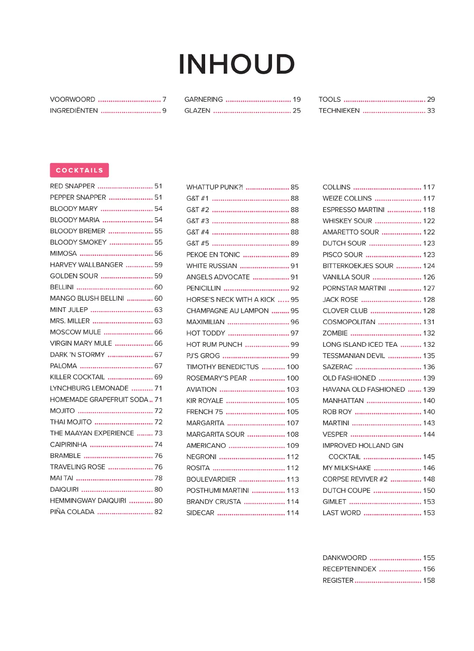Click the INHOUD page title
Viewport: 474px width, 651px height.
[x=236, y=64]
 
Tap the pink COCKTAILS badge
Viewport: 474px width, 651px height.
[x=79, y=170]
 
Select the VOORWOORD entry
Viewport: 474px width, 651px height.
[x=73, y=99]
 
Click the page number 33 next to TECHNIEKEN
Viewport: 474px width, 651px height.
[x=431, y=111]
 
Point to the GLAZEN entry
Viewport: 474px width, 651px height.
[x=197, y=111]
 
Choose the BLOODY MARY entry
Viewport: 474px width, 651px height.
[x=74, y=209]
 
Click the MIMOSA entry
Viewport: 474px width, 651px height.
[x=63, y=254]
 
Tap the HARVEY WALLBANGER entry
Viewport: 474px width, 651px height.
[x=86, y=265]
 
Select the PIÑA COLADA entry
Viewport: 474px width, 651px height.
[x=72, y=512]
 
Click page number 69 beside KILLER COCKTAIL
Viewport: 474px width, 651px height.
[x=158, y=377]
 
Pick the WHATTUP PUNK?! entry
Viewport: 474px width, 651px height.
[x=215, y=187]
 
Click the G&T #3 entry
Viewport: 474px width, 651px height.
[x=197, y=221]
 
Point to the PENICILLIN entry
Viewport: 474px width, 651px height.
[x=204, y=288]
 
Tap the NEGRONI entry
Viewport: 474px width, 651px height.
[x=202, y=457]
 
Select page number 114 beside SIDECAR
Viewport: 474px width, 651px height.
[x=292, y=513]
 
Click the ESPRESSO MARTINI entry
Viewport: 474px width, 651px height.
[x=353, y=210]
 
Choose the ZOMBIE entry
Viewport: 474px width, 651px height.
[x=335, y=333]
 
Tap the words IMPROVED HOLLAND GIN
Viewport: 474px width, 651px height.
[x=363, y=445]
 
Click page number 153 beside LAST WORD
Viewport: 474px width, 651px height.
[x=429, y=513]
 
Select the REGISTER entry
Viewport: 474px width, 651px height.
[x=338, y=580]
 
